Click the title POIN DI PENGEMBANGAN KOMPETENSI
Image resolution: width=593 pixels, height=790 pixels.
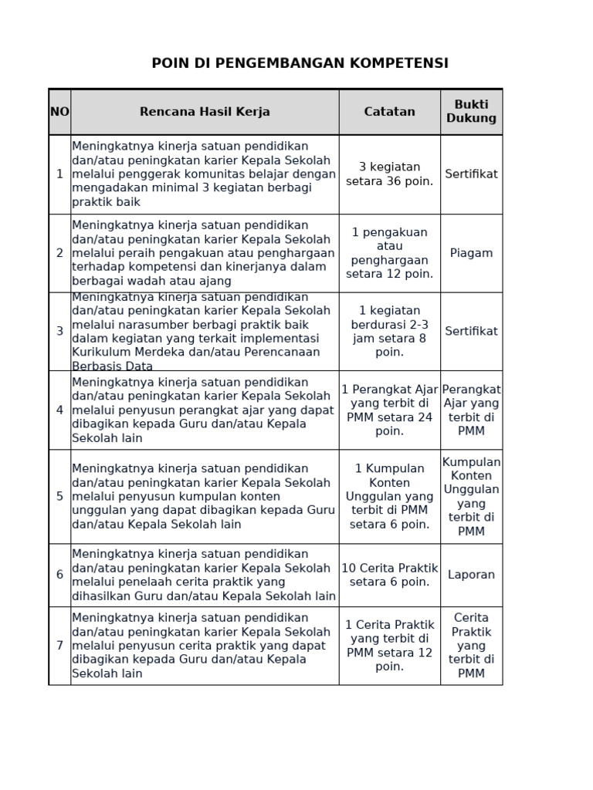click(300, 63)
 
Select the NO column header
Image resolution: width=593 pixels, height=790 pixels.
click(59, 112)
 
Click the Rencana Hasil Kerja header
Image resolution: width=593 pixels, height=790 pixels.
click(205, 112)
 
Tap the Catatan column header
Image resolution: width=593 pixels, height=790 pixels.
click(389, 112)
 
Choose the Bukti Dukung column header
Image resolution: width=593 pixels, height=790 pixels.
click(471, 112)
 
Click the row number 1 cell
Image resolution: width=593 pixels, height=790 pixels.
click(59, 174)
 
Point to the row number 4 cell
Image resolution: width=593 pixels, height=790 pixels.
click(59, 410)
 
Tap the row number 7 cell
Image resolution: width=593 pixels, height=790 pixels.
click(59, 645)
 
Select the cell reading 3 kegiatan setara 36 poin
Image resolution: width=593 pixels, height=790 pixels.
click(389, 174)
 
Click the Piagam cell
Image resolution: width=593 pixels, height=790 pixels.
click(471, 253)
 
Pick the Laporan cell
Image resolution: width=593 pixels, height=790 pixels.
click(471, 575)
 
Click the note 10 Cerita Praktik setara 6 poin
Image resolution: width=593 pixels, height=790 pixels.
click(389, 575)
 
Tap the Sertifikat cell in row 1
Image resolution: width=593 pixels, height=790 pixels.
click(471, 174)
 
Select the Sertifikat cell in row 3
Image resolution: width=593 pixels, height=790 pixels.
click(471, 331)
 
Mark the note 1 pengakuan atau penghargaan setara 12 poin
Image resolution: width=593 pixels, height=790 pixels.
click(389, 253)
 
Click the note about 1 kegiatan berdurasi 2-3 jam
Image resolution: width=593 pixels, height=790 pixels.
click(389, 331)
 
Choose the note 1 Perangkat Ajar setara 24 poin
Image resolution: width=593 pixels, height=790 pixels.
click(389, 410)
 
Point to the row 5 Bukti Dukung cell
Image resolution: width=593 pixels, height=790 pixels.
click(471, 496)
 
